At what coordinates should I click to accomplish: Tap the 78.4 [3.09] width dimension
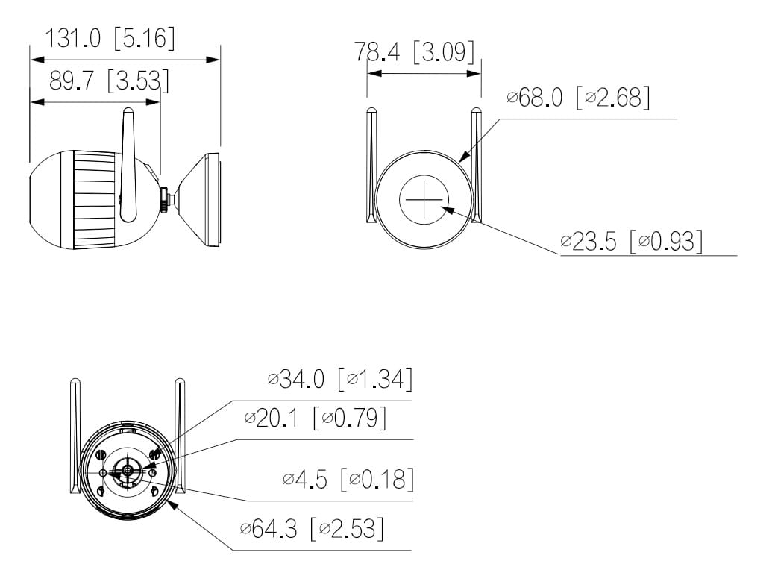coord(414,52)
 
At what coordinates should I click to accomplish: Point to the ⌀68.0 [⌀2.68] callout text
coord(577,97)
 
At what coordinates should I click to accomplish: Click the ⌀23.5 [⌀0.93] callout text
coord(631,241)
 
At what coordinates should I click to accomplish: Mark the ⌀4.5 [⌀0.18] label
coord(348,479)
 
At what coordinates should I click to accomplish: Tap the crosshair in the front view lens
coord(424,200)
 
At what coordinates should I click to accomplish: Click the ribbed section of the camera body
coord(95,199)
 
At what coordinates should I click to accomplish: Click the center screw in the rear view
coord(128,470)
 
